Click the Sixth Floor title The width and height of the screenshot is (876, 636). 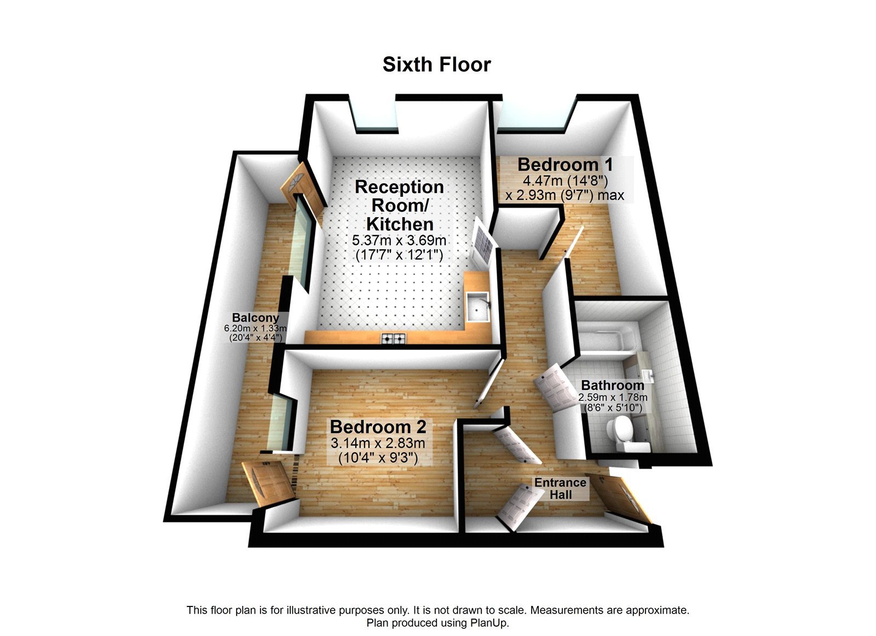coord(436,65)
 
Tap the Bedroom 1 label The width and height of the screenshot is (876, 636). coord(564,165)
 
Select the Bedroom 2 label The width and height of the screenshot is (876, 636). coord(378,427)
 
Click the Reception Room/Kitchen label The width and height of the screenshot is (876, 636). coord(400,206)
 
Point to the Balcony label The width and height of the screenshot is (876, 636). coord(255,318)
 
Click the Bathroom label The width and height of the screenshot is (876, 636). coord(613,385)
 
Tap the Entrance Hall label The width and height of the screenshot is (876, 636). coord(560,488)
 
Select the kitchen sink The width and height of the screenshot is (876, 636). coord(479,307)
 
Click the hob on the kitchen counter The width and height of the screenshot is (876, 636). coord(394,339)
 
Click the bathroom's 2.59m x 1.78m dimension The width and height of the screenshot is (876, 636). coord(613,398)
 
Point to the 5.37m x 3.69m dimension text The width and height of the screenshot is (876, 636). coord(399,241)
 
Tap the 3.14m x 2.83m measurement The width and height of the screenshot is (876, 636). coord(378,444)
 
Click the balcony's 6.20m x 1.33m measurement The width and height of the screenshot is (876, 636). coord(255,328)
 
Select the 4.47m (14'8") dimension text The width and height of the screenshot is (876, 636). coord(565,181)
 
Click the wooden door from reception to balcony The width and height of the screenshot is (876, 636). coord(303,189)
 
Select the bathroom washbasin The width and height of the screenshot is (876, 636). coord(649,376)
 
